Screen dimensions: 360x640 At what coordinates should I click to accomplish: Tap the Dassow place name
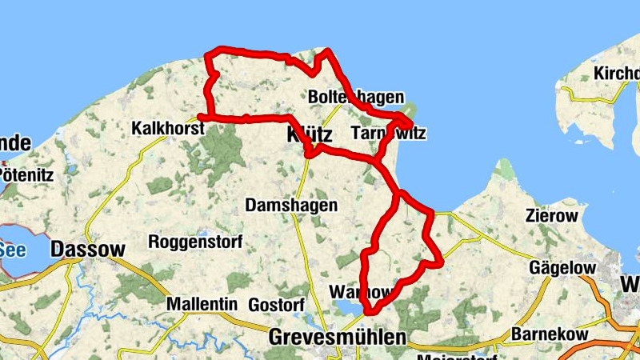(x=87, y=250)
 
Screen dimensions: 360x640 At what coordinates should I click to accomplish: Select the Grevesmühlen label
(x=338, y=337)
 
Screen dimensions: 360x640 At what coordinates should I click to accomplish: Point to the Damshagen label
(x=291, y=206)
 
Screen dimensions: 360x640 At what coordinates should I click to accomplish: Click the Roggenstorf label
(x=190, y=242)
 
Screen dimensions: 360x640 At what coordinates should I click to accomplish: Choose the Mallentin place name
(x=202, y=305)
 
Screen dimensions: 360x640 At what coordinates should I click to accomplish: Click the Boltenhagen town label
(x=355, y=97)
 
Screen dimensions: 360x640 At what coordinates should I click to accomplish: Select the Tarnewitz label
(x=387, y=133)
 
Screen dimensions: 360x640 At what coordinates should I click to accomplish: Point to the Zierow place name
(x=550, y=215)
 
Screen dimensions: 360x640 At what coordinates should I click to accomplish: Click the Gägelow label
(x=559, y=268)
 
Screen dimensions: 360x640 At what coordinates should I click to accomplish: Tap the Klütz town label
(x=309, y=136)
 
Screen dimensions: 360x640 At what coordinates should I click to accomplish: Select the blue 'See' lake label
(x=12, y=249)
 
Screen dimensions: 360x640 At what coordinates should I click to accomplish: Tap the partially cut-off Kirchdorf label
(x=616, y=74)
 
